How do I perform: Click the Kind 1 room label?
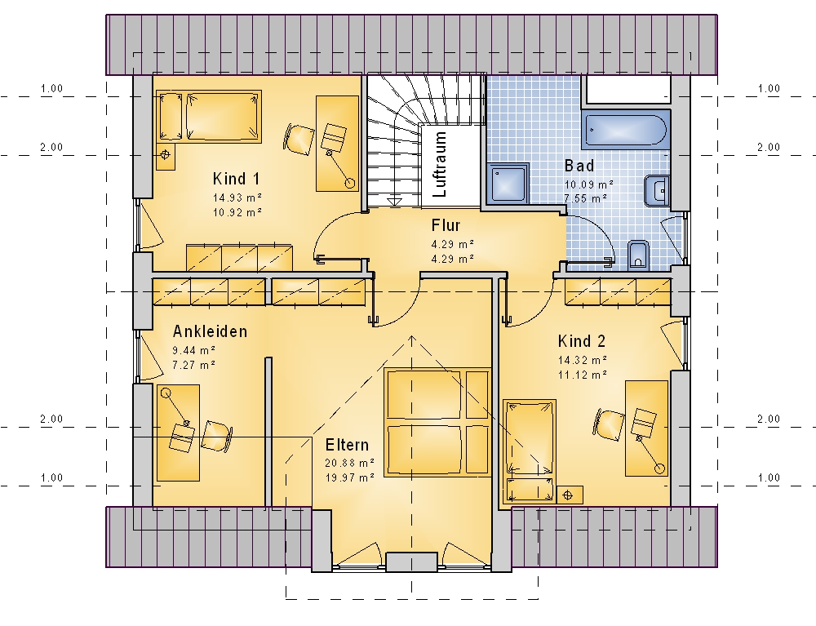click(236, 179)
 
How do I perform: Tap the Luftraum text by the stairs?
click(440, 164)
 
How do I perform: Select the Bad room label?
click(579, 166)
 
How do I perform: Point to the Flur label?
click(446, 226)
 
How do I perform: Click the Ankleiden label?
click(210, 331)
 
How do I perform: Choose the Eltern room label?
click(347, 445)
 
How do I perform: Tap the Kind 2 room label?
click(581, 341)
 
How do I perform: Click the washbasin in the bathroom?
click(657, 191)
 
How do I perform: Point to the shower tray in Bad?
click(508, 183)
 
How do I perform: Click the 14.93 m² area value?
click(237, 198)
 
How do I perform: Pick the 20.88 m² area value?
click(350, 463)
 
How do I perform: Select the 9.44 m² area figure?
click(194, 350)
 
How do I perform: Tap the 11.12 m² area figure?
click(583, 375)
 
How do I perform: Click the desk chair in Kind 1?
click(299, 139)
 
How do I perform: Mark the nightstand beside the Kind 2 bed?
click(570, 495)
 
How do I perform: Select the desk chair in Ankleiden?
click(216, 436)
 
